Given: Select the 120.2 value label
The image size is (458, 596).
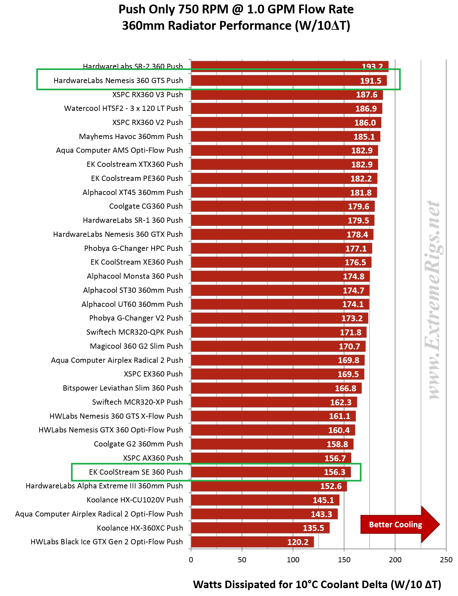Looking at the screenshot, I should click(298, 542).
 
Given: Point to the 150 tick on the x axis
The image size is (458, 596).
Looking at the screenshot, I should click(344, 560).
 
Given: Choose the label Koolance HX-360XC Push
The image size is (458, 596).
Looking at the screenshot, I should click(140, 528).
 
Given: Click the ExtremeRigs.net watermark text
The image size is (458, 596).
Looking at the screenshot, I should click(434, 299).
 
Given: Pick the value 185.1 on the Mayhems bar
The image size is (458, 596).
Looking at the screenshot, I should click(364, 137).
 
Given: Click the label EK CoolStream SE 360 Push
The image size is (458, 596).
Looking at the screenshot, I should click(136, 472).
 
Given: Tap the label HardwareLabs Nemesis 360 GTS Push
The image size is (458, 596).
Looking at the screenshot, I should click(118, 80).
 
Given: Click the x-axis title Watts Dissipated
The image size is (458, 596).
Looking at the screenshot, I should click(317, 584).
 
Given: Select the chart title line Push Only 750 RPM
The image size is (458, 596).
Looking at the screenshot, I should click(236, 9).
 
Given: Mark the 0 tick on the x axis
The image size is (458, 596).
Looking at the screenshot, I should click(191, 560).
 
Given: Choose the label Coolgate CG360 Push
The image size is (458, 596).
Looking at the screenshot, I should click(146, 206).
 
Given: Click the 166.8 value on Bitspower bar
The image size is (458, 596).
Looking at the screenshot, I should click(345, 388).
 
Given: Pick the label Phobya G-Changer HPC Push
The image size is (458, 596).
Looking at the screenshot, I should click(133, 248).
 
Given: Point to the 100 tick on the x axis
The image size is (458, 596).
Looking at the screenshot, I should click(293, 560).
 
